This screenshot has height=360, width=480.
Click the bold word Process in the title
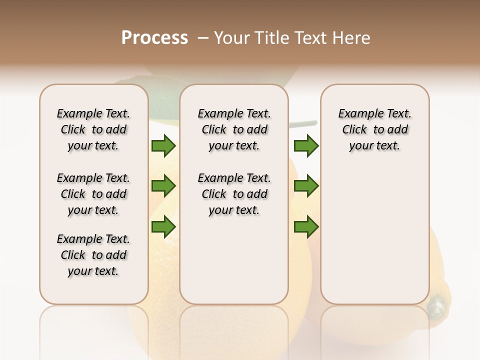[154, 38]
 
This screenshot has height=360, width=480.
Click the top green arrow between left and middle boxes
[163, 146]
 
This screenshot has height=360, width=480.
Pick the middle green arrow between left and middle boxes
[163, 186]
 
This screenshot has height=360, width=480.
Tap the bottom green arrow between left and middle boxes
[163, 227]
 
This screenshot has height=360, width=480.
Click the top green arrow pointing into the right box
[306, 146]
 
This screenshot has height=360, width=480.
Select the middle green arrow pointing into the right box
[306, 186]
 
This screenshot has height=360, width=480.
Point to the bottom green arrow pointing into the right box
[306, 227]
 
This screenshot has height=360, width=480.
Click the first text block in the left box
[93, 129]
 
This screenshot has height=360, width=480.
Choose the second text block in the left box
[93, 194]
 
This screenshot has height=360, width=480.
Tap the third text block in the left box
[93, 255]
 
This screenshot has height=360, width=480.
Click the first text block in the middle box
[234, 129]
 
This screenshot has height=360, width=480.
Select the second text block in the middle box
[234, 194]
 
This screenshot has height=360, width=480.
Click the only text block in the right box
[374, 129]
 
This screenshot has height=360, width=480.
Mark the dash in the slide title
[203, 38]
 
